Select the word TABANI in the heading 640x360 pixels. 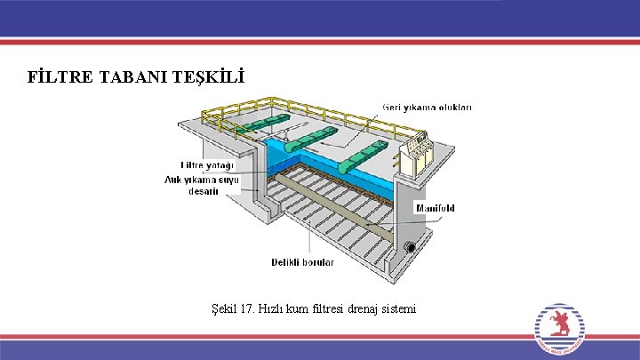(122, 78)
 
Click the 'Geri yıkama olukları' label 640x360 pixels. (428, 108)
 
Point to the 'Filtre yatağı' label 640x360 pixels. (207, 165)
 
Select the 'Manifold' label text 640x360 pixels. (436, 208)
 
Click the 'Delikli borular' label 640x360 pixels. (302, 262)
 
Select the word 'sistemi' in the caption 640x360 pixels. (396, 308)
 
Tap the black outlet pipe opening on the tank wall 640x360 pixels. (411, 247)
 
